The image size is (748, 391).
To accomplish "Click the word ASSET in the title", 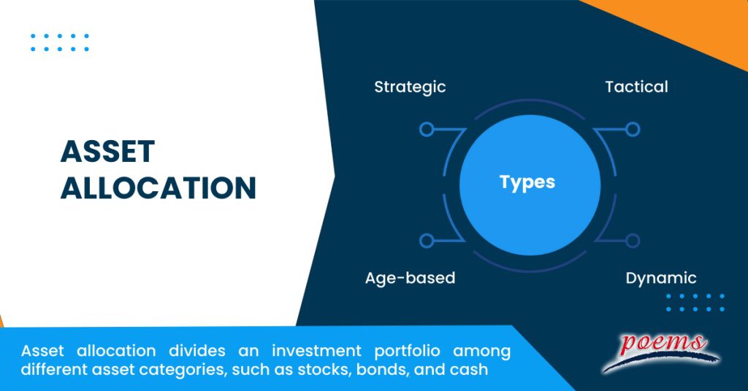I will (x=107, y=152).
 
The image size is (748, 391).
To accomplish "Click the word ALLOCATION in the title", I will (x=159, y=188).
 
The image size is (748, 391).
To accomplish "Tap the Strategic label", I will (x=410, y=87).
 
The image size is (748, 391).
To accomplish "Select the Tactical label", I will (x=636, y=87).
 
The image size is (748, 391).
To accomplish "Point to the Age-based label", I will (x=410, y=278).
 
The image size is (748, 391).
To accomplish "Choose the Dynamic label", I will (x=661, y=278).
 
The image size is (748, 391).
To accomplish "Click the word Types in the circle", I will (x=527, y=182).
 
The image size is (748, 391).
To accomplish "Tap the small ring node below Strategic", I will (x=427, y=129).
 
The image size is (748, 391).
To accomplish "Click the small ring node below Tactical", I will (x=633, y=129).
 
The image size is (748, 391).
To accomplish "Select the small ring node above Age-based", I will (x=427, y=241).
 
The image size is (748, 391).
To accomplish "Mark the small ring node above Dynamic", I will (x=633, y=241).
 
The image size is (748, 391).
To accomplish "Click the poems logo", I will (x=660, y=349).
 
